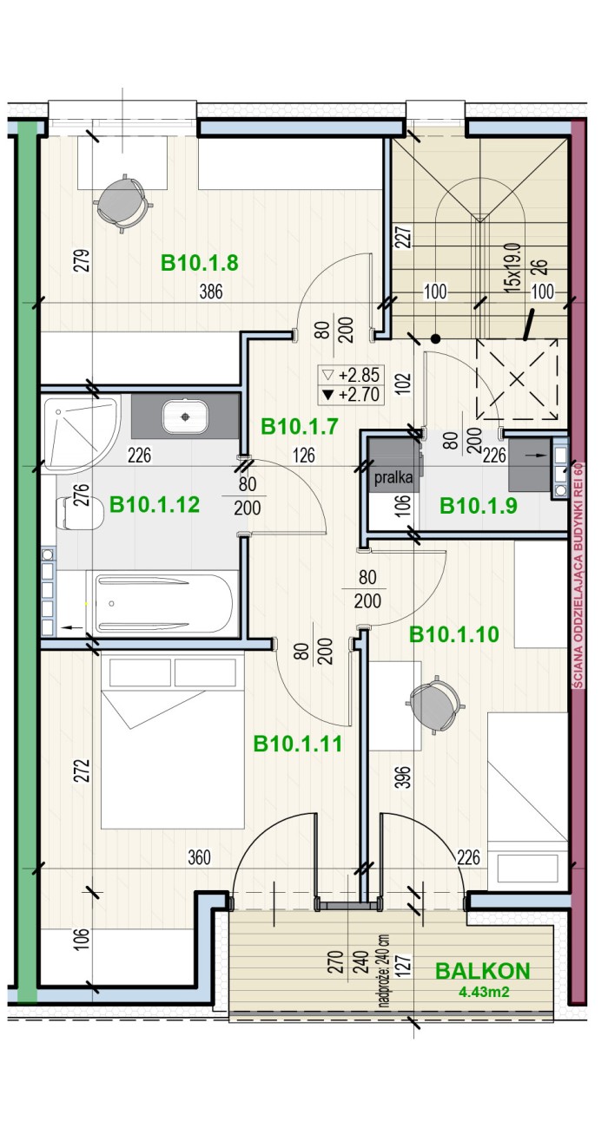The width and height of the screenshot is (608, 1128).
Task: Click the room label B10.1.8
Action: tap(199, 263)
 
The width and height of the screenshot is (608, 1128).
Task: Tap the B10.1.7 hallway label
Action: tap(299, 427)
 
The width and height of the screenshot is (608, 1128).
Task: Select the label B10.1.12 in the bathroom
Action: tap(155, 504)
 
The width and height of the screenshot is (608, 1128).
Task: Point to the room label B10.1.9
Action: tap(478, 506)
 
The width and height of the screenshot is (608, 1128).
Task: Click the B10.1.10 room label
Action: tap(453, 634)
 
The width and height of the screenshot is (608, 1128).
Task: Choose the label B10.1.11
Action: tap(297, 744)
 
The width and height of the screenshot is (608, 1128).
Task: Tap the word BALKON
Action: tap(482, 971)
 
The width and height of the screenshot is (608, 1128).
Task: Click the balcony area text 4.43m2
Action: tap(484, 992)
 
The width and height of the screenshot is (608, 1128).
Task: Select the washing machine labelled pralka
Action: tap(393, 465)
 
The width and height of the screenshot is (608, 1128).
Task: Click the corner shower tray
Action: tap(80, 433)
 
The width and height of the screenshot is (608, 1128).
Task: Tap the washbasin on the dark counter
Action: tap(185, 416)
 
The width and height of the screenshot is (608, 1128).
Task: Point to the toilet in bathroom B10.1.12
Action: tap(79, 513)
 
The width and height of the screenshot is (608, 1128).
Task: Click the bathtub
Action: tap(162, 603)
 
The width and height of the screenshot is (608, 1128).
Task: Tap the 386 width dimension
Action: tap(211, 292)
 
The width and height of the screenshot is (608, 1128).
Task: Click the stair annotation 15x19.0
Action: tap(512, 267)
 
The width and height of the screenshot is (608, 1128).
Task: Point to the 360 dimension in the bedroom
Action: tap(199, 857)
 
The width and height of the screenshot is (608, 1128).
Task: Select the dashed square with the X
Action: tap(517, 379)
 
